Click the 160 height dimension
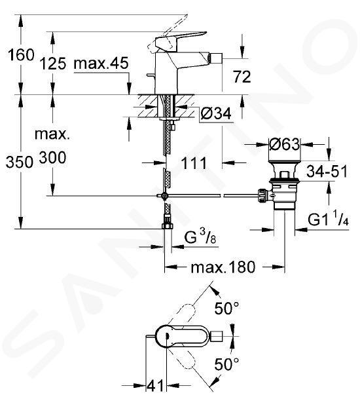(21, 55)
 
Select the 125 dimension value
(54, 64)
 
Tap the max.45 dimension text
(101, 63)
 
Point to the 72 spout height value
(242, 77)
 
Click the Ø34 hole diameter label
(215, 114)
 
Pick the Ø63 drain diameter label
(284, 145)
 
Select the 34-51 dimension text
(327, 171)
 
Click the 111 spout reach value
(194, 163)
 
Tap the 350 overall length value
(20, 162)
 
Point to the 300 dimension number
(53, 157)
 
